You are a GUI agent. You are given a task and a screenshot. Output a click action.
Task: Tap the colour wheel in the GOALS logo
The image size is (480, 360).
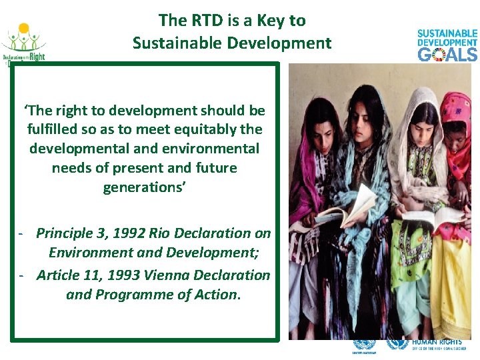[438, 54]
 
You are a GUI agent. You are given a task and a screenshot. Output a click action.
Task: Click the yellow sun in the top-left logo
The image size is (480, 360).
[24, 29]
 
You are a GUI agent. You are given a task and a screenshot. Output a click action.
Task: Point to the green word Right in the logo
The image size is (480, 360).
[36, 57]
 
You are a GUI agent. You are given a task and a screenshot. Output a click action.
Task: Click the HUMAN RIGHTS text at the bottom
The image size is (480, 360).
[436, 342]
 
